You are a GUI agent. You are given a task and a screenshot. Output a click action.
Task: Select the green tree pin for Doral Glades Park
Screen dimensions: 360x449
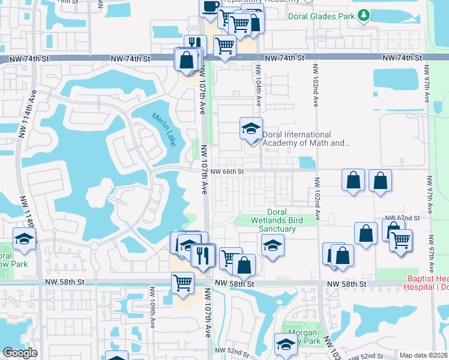tap(364, 16)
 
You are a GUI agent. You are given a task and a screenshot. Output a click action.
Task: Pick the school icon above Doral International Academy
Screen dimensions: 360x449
tap(251, 128)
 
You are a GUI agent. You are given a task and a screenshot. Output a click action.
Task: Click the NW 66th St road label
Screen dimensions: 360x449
tap(228, 172)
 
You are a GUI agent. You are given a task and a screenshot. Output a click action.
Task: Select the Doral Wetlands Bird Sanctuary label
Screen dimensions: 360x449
tap(276, 220)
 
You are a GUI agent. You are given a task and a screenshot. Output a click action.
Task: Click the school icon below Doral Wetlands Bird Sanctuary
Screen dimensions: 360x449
tap(273, 245)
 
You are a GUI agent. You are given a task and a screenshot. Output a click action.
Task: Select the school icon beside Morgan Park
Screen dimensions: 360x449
tap(286, 344)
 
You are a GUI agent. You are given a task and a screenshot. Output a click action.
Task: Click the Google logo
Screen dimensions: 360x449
tap(20, 353)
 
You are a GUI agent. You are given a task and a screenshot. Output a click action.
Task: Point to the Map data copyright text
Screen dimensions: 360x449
tap(424, 355)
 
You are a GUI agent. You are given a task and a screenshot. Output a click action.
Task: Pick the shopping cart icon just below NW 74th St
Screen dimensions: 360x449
tap(224, 45)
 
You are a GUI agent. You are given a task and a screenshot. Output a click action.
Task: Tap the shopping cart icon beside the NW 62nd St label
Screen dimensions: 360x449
tap(400, 240)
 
